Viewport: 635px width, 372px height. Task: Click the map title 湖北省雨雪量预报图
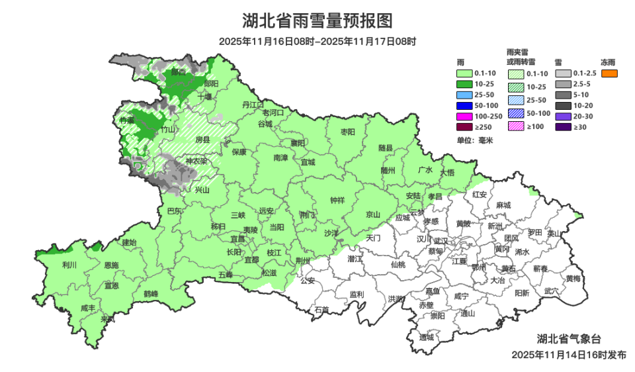pyautogui.click(x=317, y=21)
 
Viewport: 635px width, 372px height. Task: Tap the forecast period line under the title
pyautogui.click(x=317, y=42)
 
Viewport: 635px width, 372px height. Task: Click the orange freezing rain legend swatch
pyautogui.click(x=609, y=73)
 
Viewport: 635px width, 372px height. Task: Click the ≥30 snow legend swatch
pyautogui.click(x=562, y=126)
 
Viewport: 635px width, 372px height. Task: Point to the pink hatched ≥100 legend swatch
pyautogui.click(x=516, y=126)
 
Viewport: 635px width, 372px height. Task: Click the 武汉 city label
pyautogui.click(x=442, y=241)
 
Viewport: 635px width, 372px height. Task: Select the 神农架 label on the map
pyautogui.click(x=195, y=161)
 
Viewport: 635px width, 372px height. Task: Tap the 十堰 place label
pyautogui.click(x=204, y=97)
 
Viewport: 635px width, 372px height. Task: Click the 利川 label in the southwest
pyautogui.click(x=69, y=265)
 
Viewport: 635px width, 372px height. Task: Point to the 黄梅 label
pyautogui.click(x=573, y=279)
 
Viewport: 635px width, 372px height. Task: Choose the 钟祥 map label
pyautogui.click(x=337, y=201)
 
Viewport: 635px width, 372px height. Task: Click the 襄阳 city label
pyautogui.click(x=298, y=143)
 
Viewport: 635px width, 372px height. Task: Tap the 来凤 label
pyautogui.click(x=107, y=319)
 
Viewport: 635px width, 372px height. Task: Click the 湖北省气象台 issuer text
pyautogui.click(x=569, y=339)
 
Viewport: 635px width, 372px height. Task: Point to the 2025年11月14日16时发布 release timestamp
pyautogui.click(x=569, y=355)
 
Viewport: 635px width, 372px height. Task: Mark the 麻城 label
pyautogui.click(x=503, y=205)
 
